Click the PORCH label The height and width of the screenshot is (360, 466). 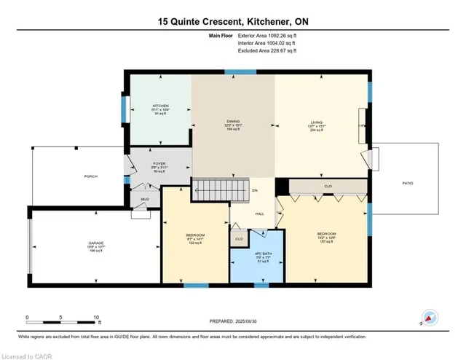click(x=91, y=176)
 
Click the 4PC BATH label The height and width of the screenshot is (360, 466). click(x=253, y=252)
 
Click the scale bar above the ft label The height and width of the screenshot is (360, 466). click(x=62, y=320)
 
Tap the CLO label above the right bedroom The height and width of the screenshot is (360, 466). click(x=328, y=187)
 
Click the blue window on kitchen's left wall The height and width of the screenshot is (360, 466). click(x=122, y=109)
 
